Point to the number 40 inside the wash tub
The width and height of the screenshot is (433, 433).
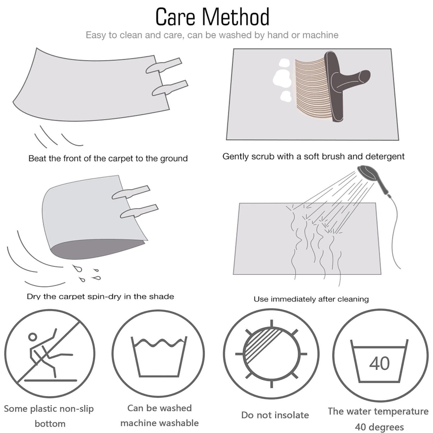click(x=380, y=363)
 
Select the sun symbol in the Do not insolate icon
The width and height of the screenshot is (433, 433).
click(x=271, y=354)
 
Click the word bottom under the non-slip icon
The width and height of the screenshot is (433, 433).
click(x=50, y=424)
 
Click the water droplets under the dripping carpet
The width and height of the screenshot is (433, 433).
click(x=87, y=273)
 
